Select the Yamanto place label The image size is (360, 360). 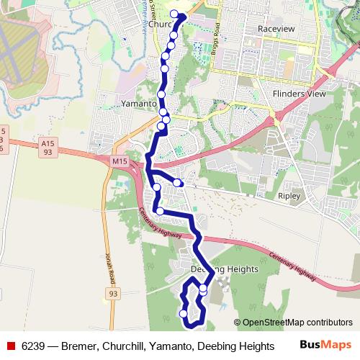coord(139,104)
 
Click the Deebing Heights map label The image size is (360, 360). coord(224,269)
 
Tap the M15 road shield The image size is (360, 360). coord(120,162)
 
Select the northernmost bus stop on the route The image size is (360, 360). coord(174,14)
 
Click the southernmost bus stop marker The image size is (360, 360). coord(184,314)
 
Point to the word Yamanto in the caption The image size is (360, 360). coord(170,346)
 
